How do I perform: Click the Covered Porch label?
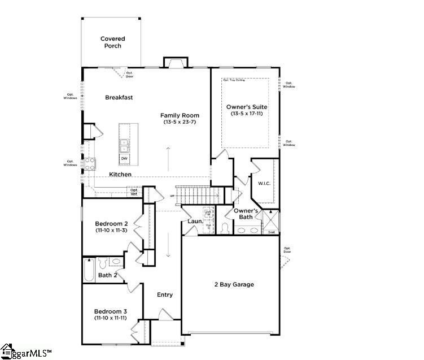coord(112,42)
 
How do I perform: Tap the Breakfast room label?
coord(119,97)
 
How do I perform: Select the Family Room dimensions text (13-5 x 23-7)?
coord(180,122)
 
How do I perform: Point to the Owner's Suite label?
coord(247,107)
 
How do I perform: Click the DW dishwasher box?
coord(124,158)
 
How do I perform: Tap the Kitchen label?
coord(120,175)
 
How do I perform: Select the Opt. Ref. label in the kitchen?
coord(134,192)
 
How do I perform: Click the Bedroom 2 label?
coord(111,223)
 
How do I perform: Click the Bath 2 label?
coord(107,275)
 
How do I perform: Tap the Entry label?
coord(165,294)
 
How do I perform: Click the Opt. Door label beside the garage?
coord(287,250)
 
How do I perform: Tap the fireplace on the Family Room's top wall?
coord(174,62)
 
